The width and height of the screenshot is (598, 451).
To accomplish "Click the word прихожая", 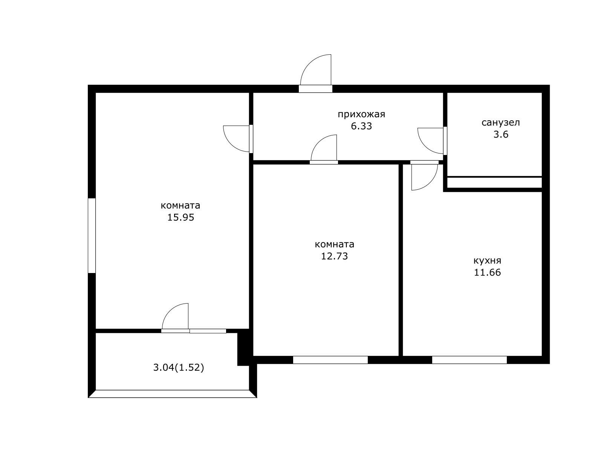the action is point(361,115).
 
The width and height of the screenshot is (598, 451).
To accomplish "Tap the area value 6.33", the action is point(361,126).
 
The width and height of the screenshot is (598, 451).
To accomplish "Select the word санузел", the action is point(500,123).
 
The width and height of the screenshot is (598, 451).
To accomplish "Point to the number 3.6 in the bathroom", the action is point(501,135).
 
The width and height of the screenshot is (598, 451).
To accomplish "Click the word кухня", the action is point(487,261).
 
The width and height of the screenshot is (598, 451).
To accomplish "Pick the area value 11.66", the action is point(487,273).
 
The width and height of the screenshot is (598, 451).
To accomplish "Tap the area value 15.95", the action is point(180,218).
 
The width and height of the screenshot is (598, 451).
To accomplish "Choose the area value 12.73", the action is point(334,256).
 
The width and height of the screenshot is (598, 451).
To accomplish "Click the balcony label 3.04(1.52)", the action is point(179,368).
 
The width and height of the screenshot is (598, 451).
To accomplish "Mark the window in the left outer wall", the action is point(92,236).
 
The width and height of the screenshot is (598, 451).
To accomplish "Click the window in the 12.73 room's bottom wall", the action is point(330,360).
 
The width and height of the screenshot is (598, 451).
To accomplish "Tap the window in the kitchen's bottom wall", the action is point(469,360).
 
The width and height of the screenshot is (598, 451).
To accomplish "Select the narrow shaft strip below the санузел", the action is point(494,183).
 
